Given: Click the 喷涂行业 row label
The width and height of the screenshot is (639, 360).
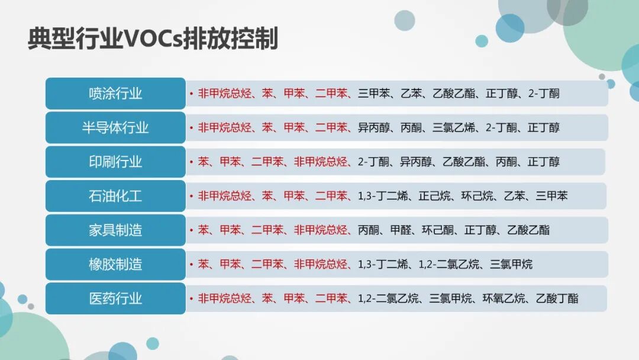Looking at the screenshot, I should tap(115, 94).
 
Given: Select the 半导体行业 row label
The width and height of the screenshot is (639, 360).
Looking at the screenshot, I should tap(115, 127).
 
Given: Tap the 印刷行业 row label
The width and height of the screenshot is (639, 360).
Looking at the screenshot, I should tap(115, 162).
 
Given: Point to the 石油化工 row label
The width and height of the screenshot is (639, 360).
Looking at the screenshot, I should tap(115, 196).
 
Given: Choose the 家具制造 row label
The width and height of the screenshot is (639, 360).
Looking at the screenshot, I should tap(115, 230).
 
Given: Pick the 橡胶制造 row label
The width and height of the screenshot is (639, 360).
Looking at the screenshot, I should tap(115, 264).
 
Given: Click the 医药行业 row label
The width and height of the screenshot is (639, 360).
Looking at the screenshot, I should tap(115, 298).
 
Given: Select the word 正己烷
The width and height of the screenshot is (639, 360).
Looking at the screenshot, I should tap(434, 196).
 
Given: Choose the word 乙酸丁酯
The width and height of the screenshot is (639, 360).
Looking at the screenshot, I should tap(557, 298).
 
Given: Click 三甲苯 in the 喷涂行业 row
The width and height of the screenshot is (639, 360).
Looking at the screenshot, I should tap(374, 94).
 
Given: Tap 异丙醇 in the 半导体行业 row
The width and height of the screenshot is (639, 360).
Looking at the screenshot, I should tap(374, 127).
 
